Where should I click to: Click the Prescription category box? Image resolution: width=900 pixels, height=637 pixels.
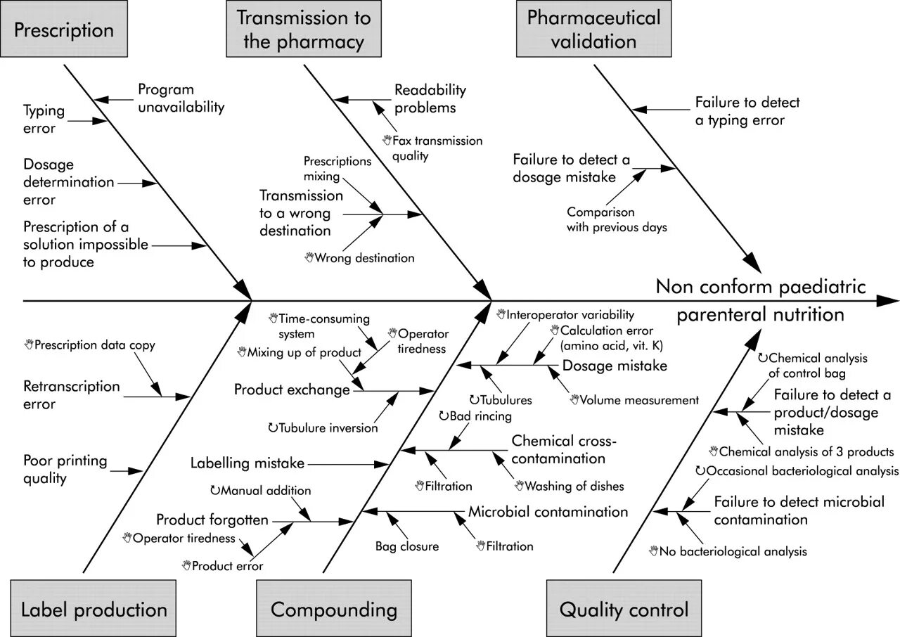pos(64,29)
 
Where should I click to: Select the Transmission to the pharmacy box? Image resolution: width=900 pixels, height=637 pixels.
pos(304,29)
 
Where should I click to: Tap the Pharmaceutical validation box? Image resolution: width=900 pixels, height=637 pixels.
pos(593,29)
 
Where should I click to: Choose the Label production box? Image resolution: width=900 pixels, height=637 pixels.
pos(94,608)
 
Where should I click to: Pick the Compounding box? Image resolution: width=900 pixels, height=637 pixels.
pos(334,608)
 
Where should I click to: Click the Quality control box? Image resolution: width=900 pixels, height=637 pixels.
pos(624,608)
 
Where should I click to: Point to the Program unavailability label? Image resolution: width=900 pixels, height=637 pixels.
pos(181,98)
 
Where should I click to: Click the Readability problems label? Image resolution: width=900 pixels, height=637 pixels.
pos(430,99)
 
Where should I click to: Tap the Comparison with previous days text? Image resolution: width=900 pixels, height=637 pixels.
pos(617,219)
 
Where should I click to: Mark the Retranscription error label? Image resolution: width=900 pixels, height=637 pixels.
pos(72,395)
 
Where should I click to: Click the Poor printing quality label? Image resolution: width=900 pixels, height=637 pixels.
pos(65,469)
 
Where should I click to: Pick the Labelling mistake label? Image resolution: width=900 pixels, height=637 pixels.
pos(247,463)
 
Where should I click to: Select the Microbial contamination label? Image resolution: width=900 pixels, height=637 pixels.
pos(548,512)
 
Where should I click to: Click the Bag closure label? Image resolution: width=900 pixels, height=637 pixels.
pos(407,546)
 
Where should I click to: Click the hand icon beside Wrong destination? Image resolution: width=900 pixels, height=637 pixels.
pos(309,257)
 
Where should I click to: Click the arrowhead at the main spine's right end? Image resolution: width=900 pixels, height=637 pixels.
pos(887,300)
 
